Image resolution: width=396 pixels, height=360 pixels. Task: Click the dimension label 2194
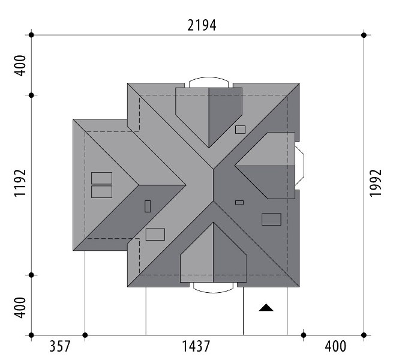coord(202,26)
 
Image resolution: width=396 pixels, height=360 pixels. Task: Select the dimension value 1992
coord(376,183)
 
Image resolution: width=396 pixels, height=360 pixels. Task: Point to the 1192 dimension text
coord(20,183)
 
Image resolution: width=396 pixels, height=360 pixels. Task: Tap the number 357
coord(59,346)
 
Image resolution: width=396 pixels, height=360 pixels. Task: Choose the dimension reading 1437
coord(196,346)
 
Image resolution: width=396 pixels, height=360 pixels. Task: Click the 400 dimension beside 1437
coord(335,346)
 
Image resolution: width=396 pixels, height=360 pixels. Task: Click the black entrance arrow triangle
coord(266,307)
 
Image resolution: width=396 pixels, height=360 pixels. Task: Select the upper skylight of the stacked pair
coord(101,178)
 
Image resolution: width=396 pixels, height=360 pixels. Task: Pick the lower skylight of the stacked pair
coord(101,192)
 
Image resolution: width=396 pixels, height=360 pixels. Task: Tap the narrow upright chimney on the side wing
coord(148,206)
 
